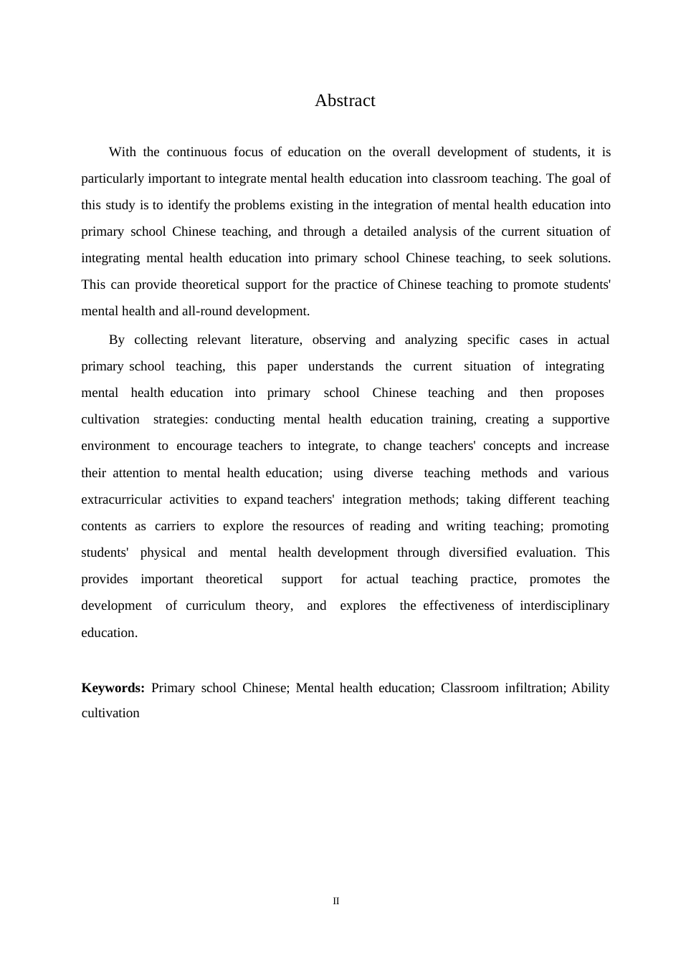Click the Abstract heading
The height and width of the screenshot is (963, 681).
[x=345, y=101]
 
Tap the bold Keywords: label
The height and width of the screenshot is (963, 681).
[x=113, y=688]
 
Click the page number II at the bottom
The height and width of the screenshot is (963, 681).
[x=336, y=901]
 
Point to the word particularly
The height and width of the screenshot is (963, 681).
[x=113, y=178]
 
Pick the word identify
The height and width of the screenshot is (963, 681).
[x=189, y=205]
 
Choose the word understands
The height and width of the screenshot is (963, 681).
[x=340, y=366]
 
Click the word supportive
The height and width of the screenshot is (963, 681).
[x=581, y=419]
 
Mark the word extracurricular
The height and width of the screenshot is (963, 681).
[x=121, y=499]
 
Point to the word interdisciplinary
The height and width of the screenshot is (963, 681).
[x=564, y=605]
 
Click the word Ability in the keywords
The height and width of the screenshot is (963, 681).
[x=590, y=688]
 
